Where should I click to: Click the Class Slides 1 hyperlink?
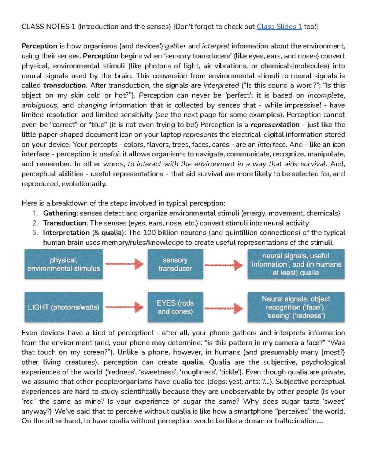coord(279,27)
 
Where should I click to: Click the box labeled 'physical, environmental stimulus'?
coord(64,264)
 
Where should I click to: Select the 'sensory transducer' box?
coord(175,264)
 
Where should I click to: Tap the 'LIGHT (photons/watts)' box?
coord(64,307)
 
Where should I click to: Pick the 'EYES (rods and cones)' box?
coord(175,307)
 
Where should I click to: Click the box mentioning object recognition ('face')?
coord(296,307)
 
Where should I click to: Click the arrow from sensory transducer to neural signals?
coord(224,265)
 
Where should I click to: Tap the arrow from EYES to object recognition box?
coord(224,308)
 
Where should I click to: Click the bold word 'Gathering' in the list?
coord(60,213)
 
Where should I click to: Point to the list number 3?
coord(35,232)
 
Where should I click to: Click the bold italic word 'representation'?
coord(275,125)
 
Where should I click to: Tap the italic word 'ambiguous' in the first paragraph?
coord(39,105)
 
